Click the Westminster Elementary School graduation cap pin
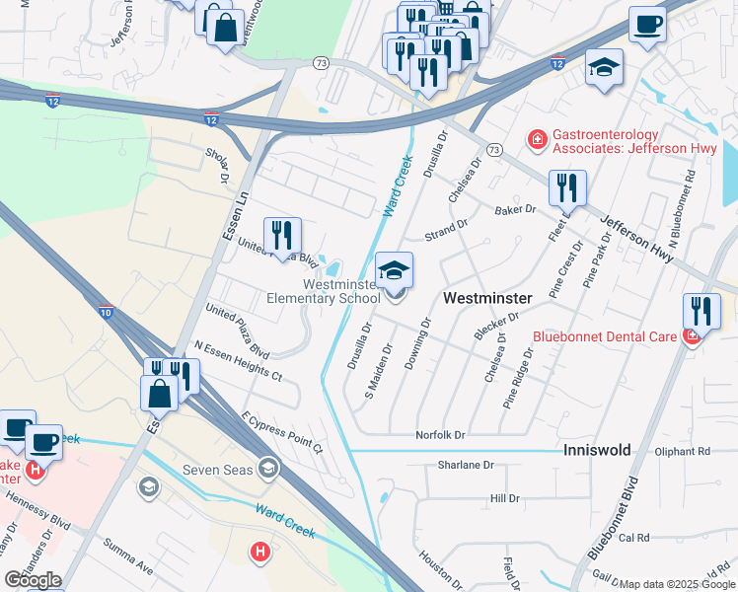click(x=395, y=272)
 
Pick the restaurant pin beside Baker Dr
click(x=567, y=188)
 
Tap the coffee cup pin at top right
click(x=647, y=25)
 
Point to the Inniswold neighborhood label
click(x=596, y=449)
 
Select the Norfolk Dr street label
click(x=440, y=434)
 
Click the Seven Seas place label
click(x=218, y=469)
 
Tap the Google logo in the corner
click(x=33, y=580)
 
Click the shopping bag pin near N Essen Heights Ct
click(x=159, y=393)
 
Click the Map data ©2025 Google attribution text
click(x=678, y=584)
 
